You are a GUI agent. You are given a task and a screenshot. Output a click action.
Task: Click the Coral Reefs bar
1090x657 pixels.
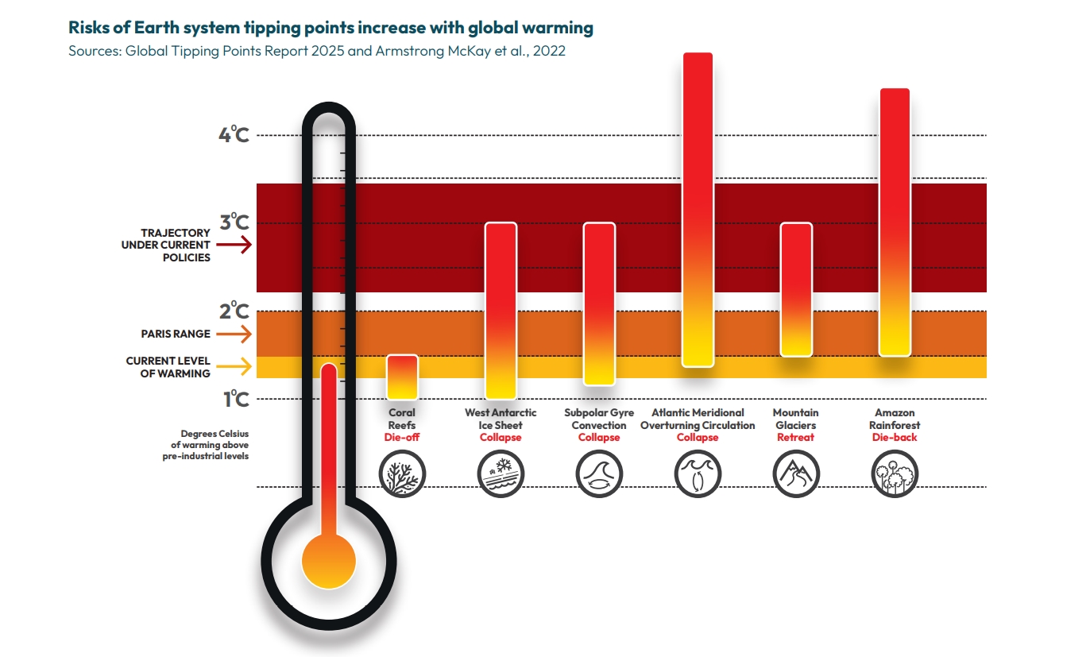pyautogui.click(x=402, y=377)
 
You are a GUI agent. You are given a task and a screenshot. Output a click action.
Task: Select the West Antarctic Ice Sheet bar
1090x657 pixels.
pyautogui.click(x=501, y=311)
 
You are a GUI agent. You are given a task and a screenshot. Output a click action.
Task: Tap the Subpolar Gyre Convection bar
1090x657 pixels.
pyautogui.click(x=599, y=303)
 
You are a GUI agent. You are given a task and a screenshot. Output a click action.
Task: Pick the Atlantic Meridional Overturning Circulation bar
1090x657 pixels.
pyautogui.click(x=698, y=210)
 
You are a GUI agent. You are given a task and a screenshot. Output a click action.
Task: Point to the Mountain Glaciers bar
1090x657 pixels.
pyautogui.click(x=796, y=289)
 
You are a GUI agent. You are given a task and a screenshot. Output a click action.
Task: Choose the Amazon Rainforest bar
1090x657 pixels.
pyautogui.click(x=895, y=222)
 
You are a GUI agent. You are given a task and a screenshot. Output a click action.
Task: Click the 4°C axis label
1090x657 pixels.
pyautogui.click(x=234, y=134)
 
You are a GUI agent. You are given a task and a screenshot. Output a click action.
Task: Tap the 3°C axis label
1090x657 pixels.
pyautogui.click(x=234, y=222)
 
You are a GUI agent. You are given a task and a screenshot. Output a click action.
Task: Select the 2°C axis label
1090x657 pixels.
pyautogui.click(x=234, y=311)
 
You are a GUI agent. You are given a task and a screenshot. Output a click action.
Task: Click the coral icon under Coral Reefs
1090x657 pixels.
pyautogui.click(x=402, y=474)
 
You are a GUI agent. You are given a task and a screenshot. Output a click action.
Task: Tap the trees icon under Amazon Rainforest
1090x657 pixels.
pyautogui.click(x=895, y=474)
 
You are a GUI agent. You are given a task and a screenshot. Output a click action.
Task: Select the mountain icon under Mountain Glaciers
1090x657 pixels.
pyautogui.click(x=796, y=474)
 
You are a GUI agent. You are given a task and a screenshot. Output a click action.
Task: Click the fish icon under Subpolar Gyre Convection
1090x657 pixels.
pyautogui.click(x=599, y=474)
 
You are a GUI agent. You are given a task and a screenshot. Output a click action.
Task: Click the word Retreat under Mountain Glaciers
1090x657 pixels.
pyautogui.click(x=795, y=438)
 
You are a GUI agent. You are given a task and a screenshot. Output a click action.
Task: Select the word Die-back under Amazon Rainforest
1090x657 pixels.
pyautogui.click(x=895, y=438)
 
